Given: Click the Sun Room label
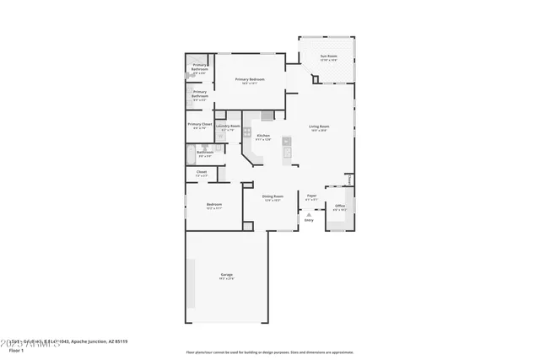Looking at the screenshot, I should pos(328,56).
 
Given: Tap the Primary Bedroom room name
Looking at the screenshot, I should pos(250,79).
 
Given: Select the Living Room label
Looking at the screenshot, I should pos(318,126).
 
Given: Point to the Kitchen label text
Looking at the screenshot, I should pos(263,135).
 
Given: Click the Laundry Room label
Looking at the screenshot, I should pos(228,126).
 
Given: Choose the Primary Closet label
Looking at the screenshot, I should pos(201,124).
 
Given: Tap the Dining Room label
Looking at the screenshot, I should pos(272,196).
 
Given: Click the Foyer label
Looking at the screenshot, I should pos(311,195).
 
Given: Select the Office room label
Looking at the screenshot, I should pos(339,205).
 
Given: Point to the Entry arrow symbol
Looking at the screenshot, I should pos(309,214).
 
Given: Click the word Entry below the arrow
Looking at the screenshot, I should pos(309,220).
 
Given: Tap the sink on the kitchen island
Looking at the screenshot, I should pos(287,142).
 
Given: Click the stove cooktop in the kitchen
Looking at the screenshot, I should pos(247,132).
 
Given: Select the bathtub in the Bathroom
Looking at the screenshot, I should pos(190,153).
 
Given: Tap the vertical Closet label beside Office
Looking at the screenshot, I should pos(348,179).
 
